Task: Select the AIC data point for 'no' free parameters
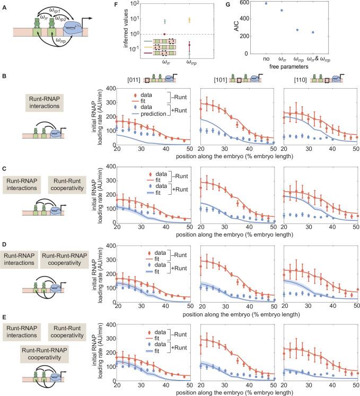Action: (x=266, y=4)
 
